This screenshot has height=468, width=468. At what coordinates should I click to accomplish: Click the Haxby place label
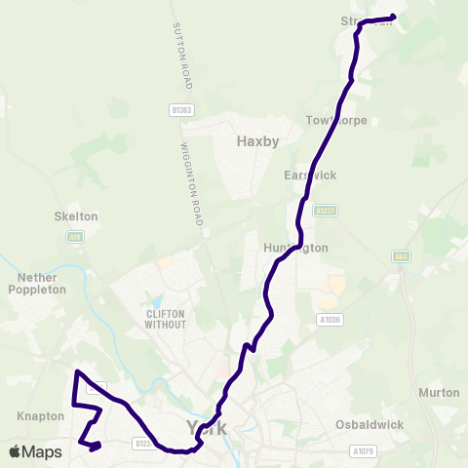257,141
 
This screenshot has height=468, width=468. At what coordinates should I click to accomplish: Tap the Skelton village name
76,216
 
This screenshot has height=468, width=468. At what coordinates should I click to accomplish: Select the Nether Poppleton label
37,283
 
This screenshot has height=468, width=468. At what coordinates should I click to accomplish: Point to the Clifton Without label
165,319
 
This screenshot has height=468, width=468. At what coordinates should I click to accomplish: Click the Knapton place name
40,415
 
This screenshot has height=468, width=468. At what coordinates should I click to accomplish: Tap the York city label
205,427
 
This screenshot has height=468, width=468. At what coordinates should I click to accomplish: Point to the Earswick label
309,175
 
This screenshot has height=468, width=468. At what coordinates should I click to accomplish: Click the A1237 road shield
325,209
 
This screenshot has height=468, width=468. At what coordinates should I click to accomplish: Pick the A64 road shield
401,256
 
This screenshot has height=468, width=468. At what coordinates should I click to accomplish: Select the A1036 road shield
331,318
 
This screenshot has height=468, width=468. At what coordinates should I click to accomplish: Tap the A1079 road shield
363,450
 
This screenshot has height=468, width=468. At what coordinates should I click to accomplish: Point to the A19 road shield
74,236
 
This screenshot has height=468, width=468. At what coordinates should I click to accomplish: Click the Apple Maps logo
34,451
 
